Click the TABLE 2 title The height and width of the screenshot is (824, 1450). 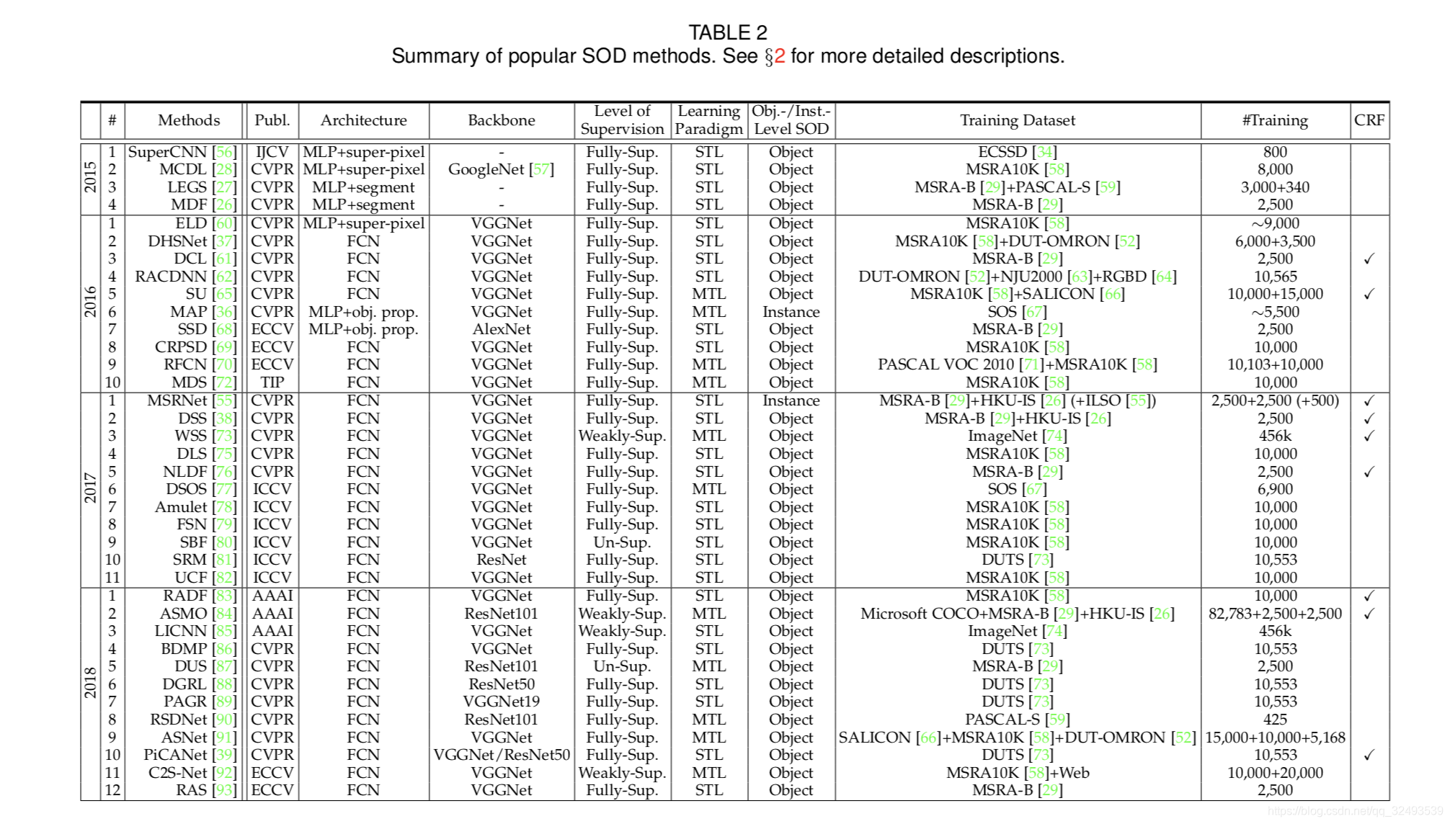coord(727,32)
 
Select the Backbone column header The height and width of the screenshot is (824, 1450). coord(501,120)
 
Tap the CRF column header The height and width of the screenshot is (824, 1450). coord(1369,120)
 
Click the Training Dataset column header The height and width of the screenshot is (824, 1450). coord(1017,120)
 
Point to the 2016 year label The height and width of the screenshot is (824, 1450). coord(90,302)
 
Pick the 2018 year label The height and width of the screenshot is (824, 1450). coord(90,683)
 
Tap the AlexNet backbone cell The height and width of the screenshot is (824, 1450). coord(501,329)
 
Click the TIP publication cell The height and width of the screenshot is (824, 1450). coord(272,382)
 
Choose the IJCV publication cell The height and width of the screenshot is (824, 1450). coord(272,152)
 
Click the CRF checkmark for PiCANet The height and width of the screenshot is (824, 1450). coord(1369,755)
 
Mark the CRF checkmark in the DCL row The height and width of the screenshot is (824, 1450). coord(1369,259)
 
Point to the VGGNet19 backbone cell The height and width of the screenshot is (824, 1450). coord(501,702)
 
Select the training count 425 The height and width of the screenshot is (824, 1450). coord(1274,720)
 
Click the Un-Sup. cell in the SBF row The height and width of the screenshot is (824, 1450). coord(621,542)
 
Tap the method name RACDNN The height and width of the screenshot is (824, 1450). coord(171,277)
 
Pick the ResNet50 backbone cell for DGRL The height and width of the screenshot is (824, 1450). coord(501,684)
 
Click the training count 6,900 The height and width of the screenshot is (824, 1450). coord(1274,489)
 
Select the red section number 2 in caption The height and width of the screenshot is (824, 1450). coord(779,56)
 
